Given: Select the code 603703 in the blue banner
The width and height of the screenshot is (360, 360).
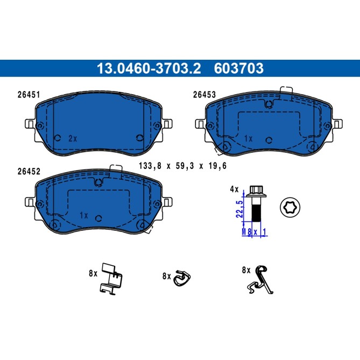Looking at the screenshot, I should point(239,68).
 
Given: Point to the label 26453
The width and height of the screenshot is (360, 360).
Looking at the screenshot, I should point(204,95).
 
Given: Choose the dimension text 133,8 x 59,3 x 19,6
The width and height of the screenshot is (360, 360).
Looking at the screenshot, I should point(182,166).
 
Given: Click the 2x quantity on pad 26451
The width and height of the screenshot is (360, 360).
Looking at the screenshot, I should point(73,138).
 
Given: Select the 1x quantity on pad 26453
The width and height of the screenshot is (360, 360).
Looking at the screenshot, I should point(248,138).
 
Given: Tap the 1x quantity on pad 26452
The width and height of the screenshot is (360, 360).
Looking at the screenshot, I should point(83,215).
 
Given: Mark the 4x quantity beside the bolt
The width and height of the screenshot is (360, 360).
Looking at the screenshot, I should point(234,189).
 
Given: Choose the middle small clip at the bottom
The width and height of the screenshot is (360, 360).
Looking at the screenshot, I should point(182,278).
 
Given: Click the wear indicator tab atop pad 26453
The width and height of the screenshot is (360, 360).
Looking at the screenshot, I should point(286,93).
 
